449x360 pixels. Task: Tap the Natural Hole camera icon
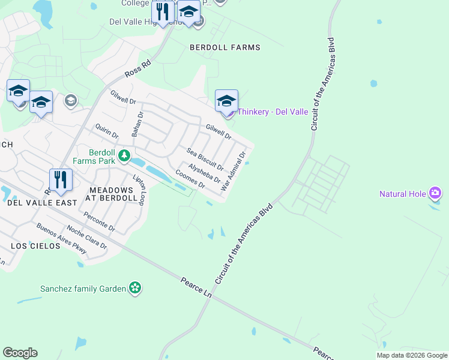(436, 193)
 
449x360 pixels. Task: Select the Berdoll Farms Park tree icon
(124, 156)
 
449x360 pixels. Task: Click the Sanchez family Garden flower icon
(136, 289)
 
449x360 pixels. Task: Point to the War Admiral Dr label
(234, 171)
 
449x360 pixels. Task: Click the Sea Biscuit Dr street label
(205, 158)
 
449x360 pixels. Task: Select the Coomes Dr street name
(190, 179)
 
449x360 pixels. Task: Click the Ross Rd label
(138, 67)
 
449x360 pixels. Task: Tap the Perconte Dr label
(100, 221)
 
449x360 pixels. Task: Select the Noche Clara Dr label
(86, 236)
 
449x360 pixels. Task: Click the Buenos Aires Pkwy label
(61, 237)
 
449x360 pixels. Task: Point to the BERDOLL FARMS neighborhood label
(225, 47)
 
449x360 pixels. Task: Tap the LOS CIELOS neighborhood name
(35, 246)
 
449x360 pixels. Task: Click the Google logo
(20, 352)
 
